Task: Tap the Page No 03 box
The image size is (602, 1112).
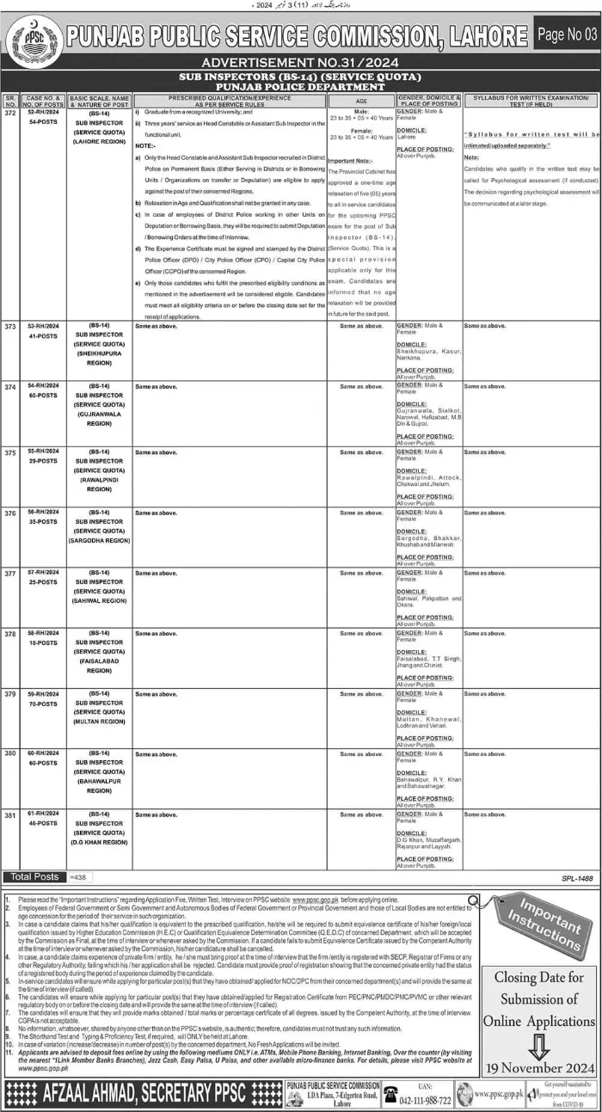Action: coord(565,35)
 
